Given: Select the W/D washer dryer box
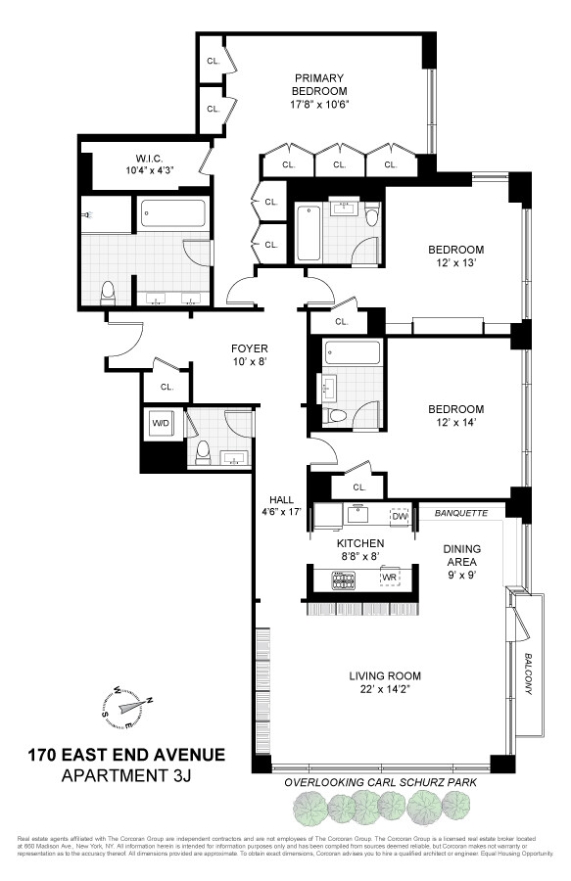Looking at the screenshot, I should pyautogui.click(x=161, y=424).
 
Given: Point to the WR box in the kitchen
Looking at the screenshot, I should pyautogui.click(x=391, y=578).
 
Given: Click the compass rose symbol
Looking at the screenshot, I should pyautogui.click(x=127, y=705).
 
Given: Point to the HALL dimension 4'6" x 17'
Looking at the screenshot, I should pyautogui.click(x=280, y=509).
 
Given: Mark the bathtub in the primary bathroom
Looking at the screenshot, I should pyautogui.click(x=172, y=212).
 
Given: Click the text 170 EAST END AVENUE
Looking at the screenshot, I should pyautogui.click(x=125, y=755).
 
